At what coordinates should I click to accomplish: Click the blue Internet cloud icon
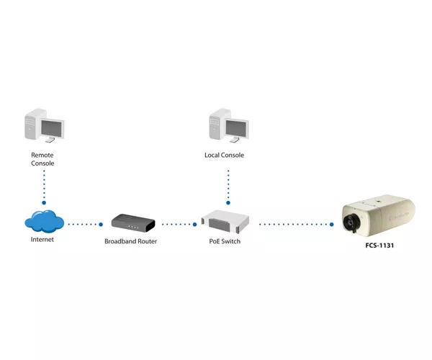[45, 221]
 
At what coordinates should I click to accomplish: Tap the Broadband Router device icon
[133, 222]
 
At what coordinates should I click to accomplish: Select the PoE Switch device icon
[225, 222]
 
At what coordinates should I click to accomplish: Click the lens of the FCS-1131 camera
[351, 222]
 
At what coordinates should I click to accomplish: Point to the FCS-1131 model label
[379, 246]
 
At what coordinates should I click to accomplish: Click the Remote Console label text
[42, 159]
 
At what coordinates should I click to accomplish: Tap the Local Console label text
[224, 155]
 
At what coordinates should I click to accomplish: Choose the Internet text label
[42, 239]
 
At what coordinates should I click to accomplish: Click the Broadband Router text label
[130, 241]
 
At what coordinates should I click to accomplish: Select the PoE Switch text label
[225, 241]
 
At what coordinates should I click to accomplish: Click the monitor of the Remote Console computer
[52, 129]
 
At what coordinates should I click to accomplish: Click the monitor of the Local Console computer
[237, 129]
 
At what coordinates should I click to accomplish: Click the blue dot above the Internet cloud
[44, 203]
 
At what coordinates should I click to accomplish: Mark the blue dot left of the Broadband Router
[101, 225]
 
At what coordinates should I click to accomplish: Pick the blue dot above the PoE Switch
[228, 203]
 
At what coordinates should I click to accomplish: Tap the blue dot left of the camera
[332, 225]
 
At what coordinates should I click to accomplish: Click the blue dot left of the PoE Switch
[195, 225]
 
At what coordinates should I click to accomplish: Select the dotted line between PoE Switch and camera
[295, 225]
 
